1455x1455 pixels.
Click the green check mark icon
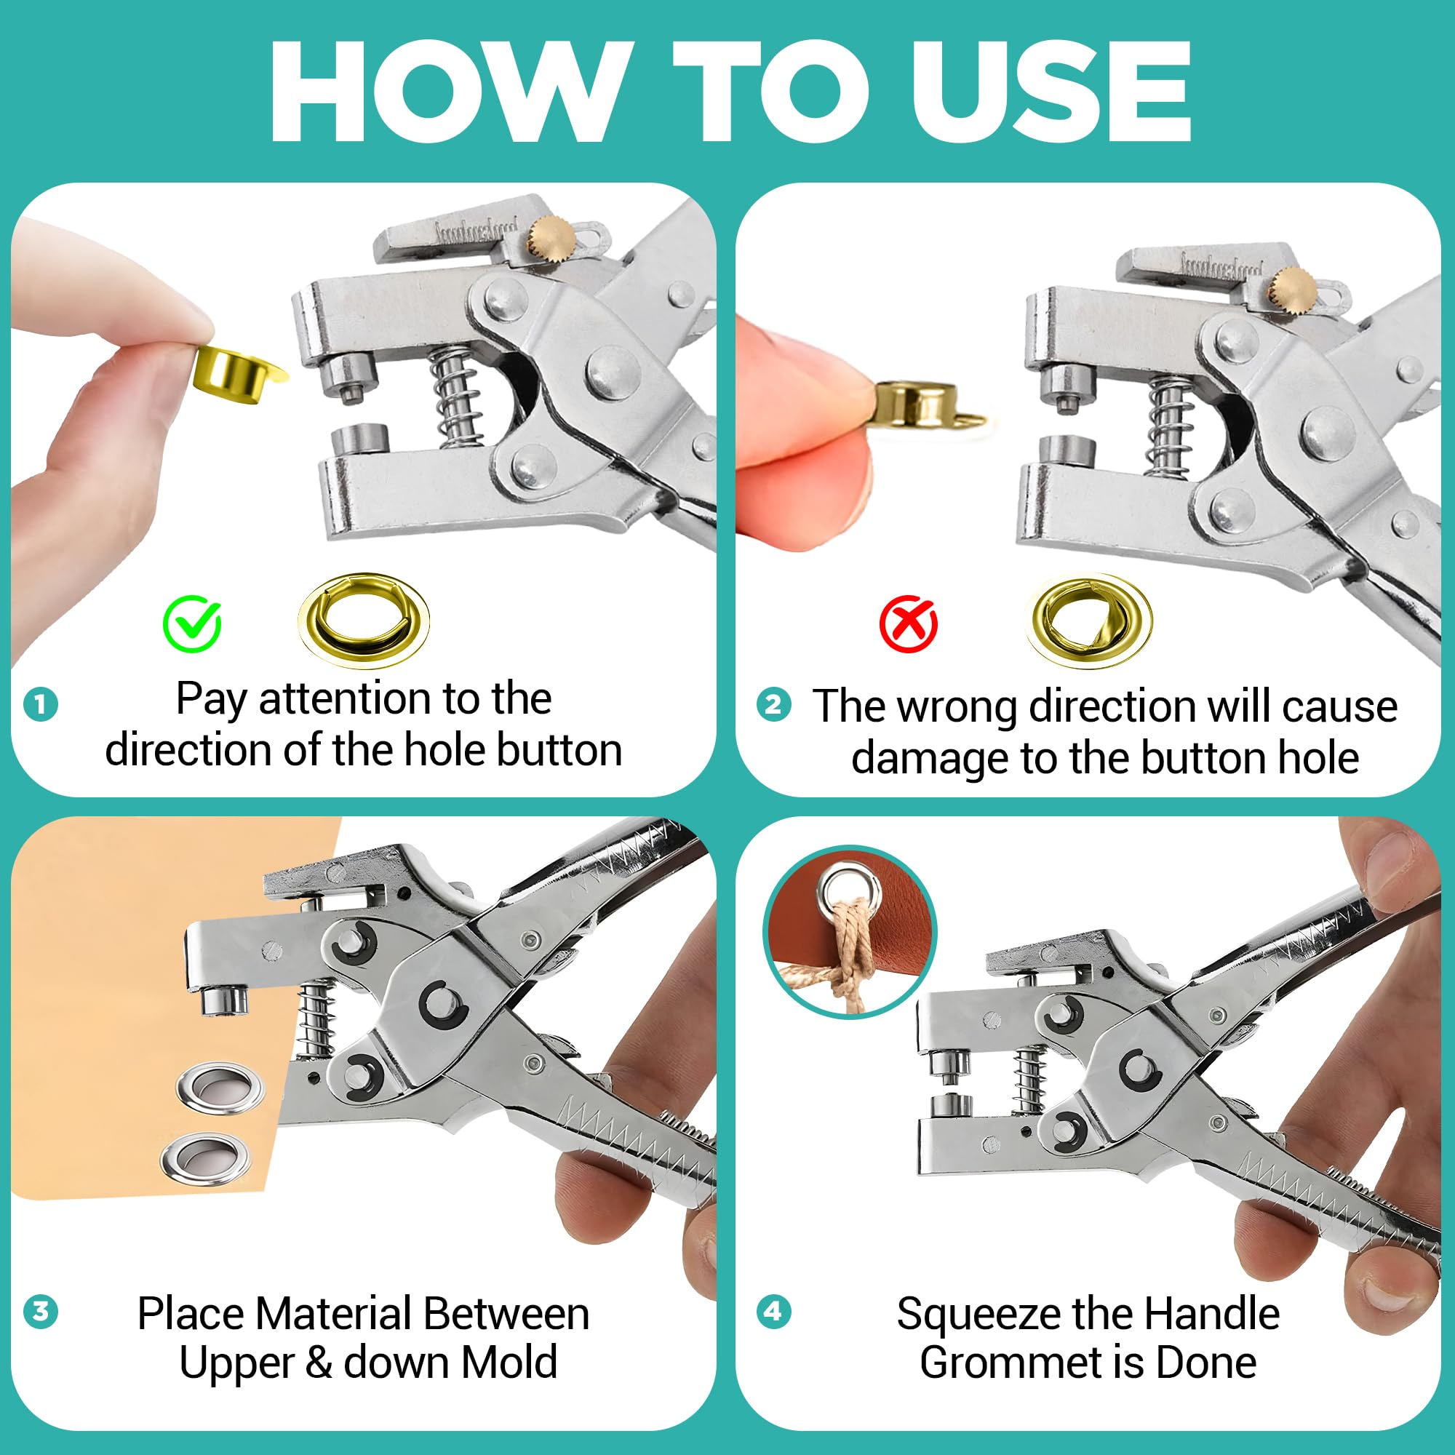192,623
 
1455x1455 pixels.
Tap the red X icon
908,624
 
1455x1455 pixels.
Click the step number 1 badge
41,705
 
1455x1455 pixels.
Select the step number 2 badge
773,705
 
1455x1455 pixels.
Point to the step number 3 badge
41,1311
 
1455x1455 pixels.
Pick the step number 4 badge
773,1311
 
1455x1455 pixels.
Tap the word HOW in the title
450,92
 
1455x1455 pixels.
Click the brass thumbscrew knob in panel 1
551,236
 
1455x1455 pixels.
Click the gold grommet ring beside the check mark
364,620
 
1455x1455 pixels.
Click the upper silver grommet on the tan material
220,1087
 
